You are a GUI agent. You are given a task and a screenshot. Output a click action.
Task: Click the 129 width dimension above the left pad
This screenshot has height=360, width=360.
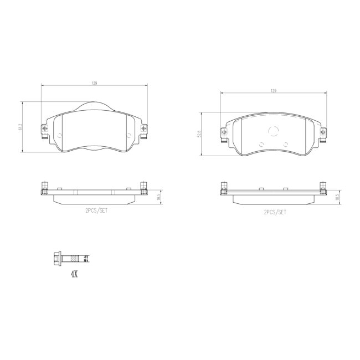pos(95,83)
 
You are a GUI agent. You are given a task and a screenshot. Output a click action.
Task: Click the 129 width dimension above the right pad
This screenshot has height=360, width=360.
pos(273,90)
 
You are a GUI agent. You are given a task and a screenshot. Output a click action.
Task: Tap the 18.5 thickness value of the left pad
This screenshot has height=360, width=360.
pos(158,197)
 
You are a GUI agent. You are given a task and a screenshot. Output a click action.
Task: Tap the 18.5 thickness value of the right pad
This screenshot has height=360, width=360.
pos(337,197)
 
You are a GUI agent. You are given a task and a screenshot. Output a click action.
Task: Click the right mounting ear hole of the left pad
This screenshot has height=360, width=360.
pos(143,129)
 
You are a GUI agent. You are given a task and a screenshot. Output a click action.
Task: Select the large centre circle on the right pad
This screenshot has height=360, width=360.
pos(273,131)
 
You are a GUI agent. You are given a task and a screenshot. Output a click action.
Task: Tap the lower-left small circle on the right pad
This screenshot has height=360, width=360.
pos(262,145)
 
